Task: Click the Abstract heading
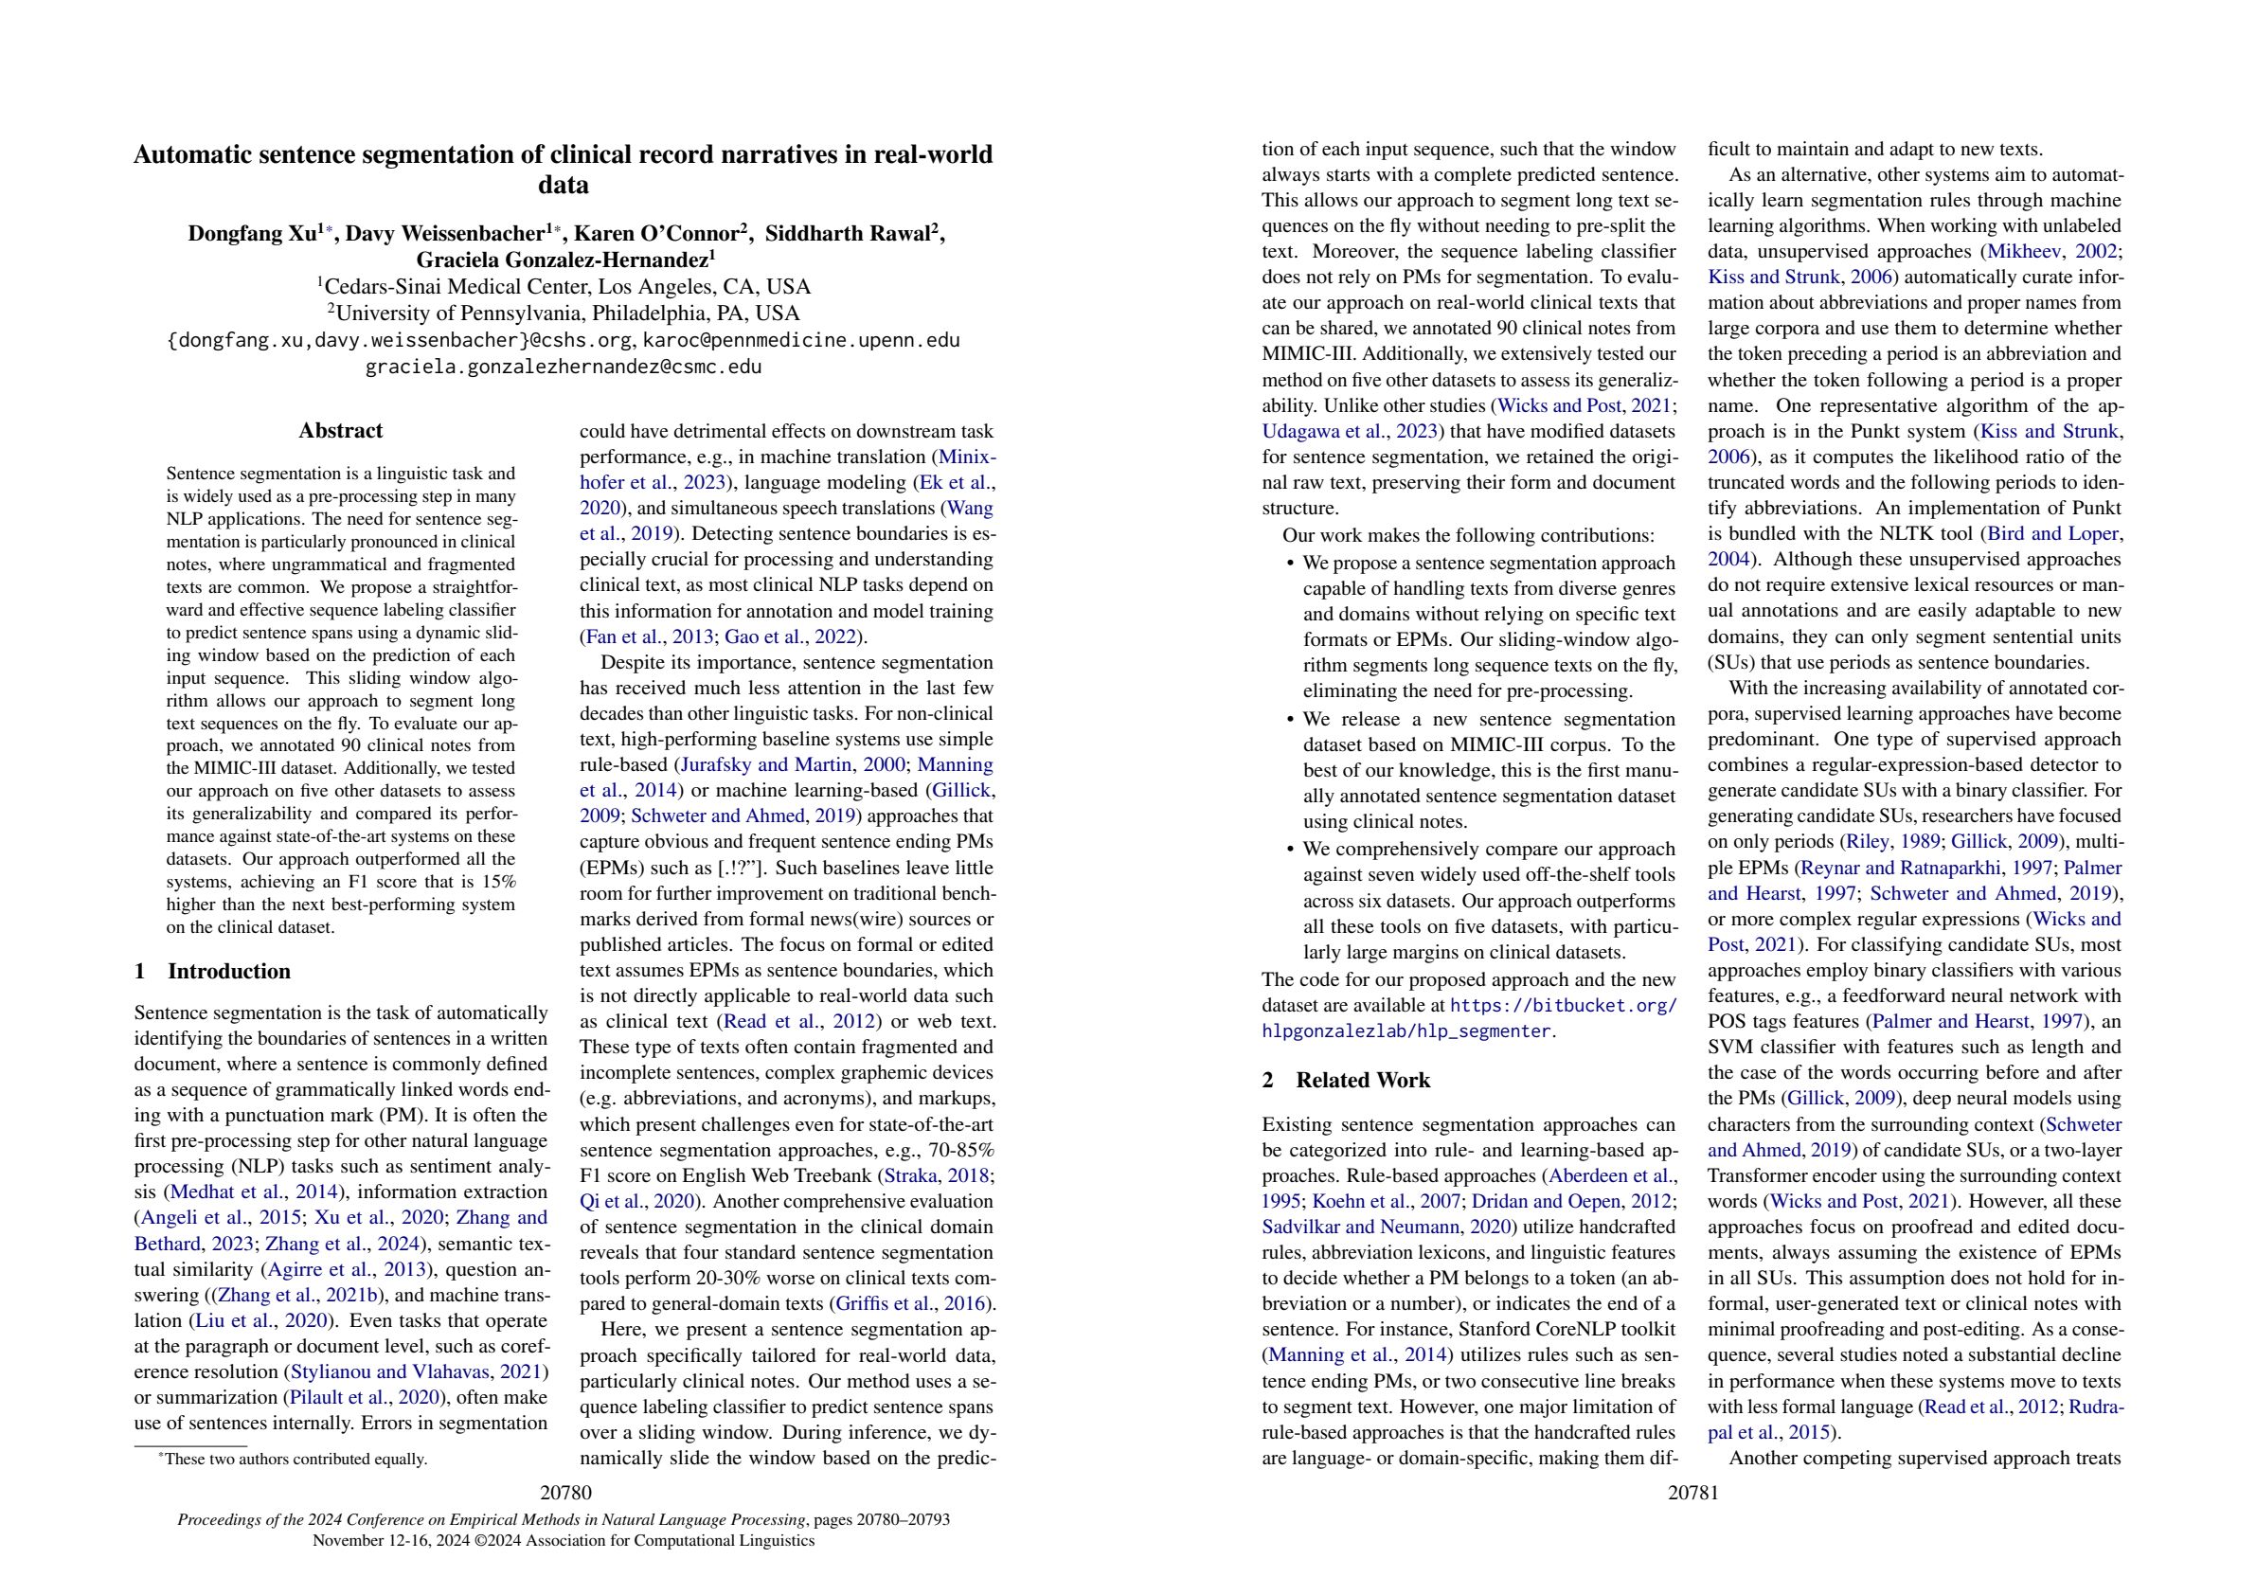pyautogui.click(x=340, y=430)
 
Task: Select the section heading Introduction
pyautogui.click(x=228, y=971)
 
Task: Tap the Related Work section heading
pyautogui.click(x=1362, y=1080)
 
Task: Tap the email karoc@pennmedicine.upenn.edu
pyautogui.click(x=801, y=340)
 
